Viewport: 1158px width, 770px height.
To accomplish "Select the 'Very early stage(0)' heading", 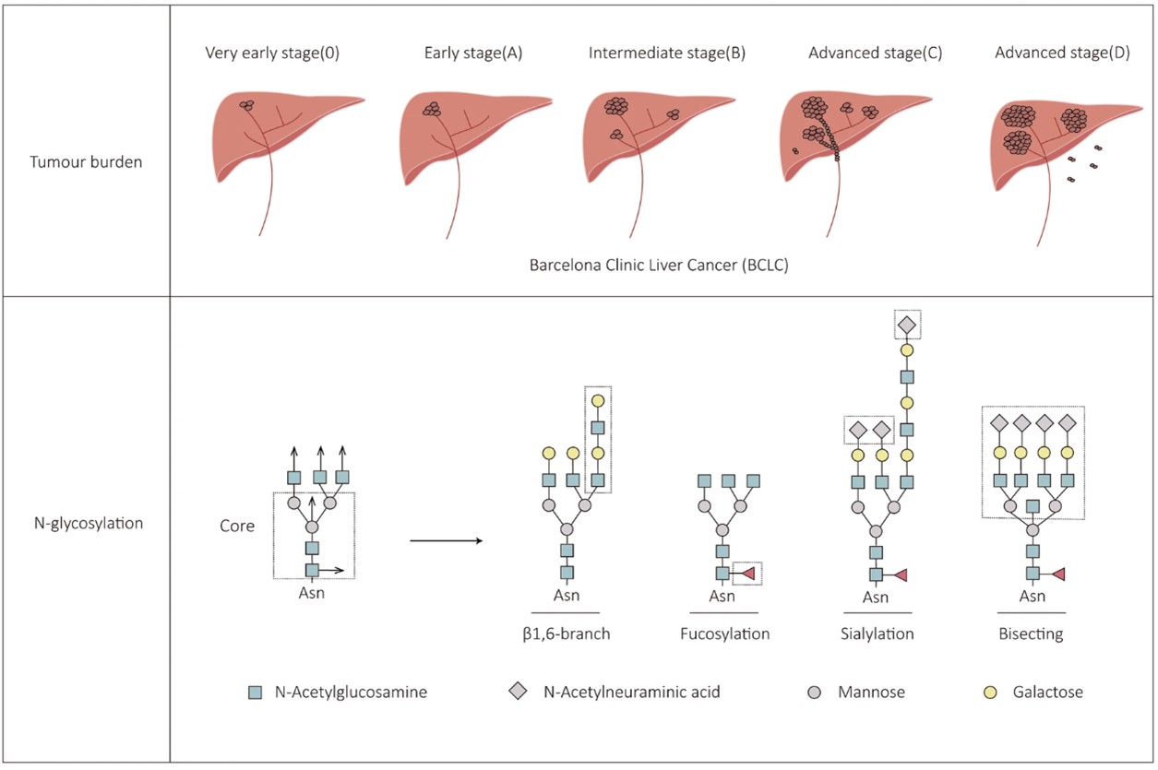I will [272, 53].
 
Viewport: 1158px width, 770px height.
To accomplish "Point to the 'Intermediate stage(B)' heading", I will [666, 53].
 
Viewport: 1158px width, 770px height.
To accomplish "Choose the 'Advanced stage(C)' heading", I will [875, 53].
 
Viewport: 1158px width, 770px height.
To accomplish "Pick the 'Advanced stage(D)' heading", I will [1061, 53].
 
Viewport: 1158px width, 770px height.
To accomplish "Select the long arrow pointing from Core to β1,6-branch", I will [447, 540].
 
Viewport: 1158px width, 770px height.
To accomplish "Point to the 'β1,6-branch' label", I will [566, 634].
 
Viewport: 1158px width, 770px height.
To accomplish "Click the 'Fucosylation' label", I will [724, 634].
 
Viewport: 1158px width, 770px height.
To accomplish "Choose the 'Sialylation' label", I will [877, 634].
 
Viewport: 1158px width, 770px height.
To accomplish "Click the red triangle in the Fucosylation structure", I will [747, 574].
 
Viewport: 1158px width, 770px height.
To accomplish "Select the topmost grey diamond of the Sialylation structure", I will [907, 325].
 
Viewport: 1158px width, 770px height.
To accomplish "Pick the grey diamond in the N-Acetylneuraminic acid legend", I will [519, 692].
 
